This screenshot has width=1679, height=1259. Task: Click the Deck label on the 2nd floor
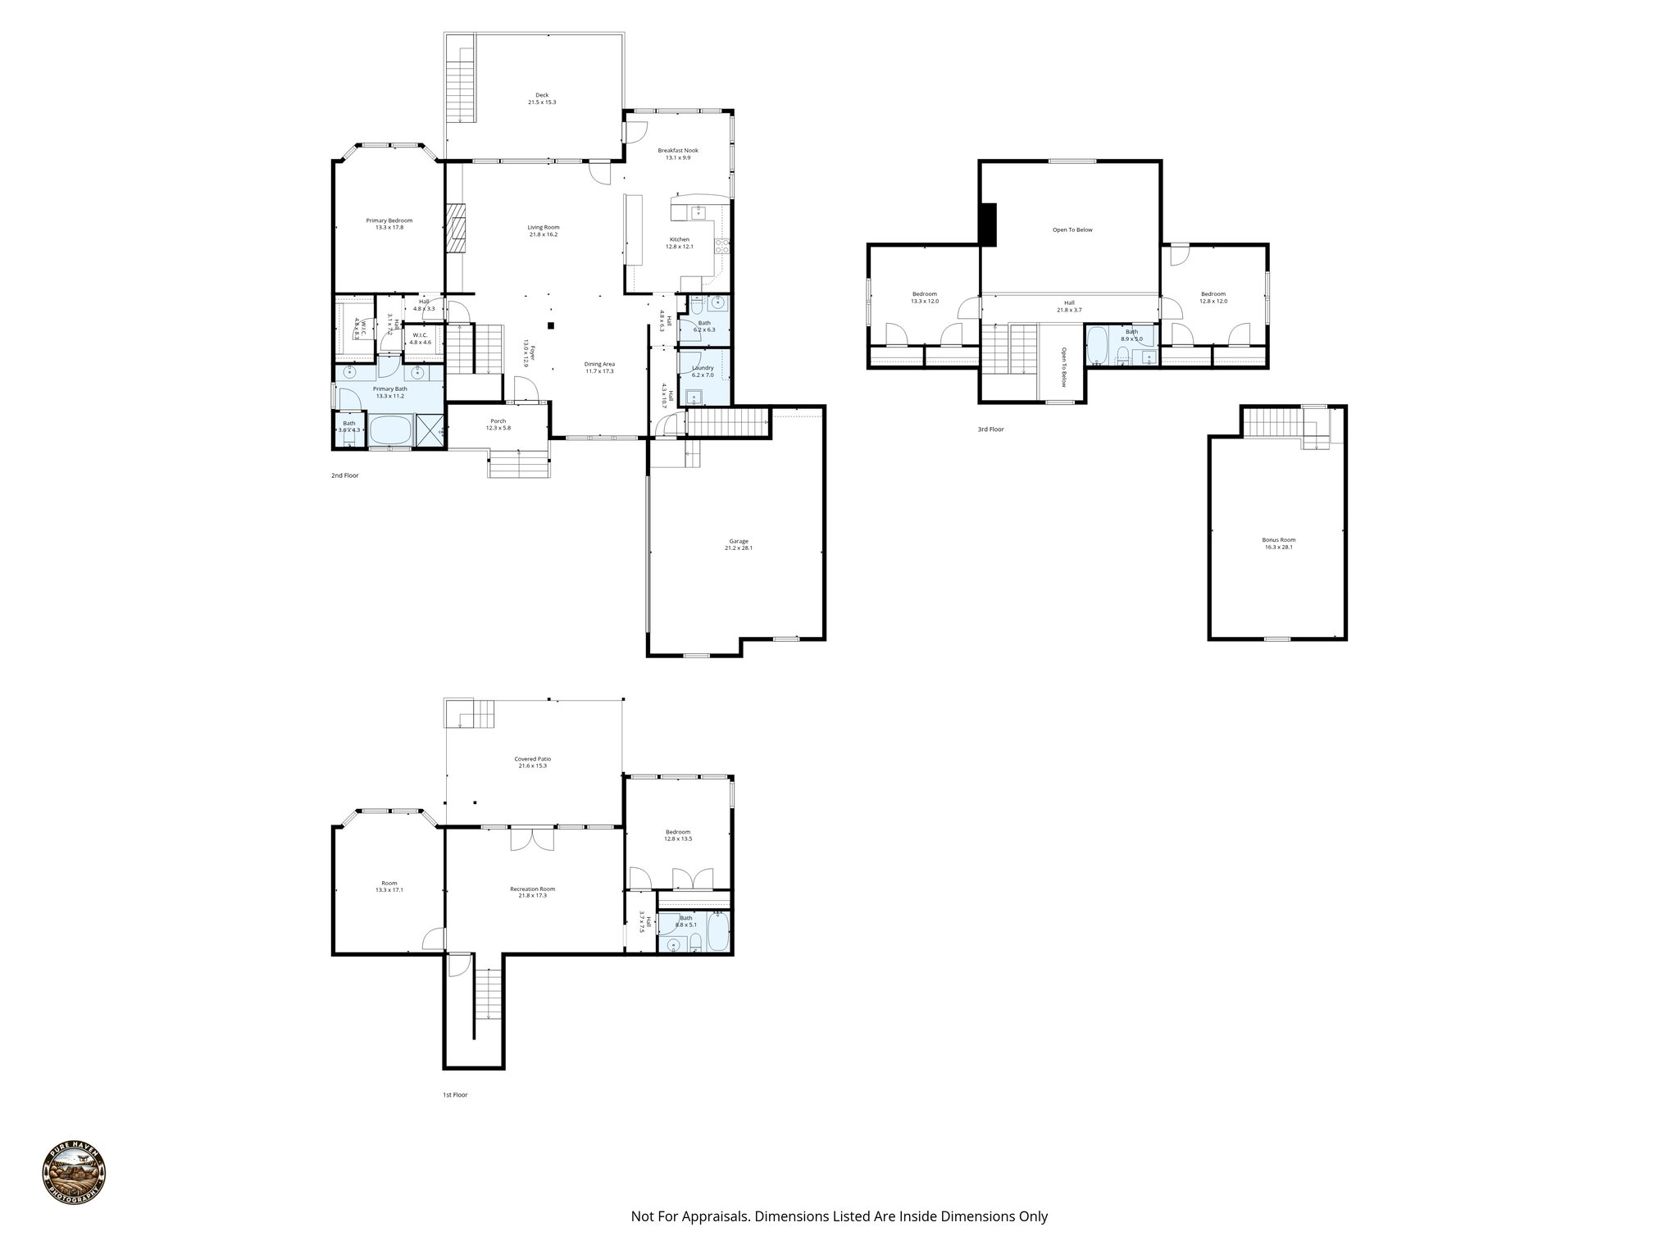click(x=542, y=95)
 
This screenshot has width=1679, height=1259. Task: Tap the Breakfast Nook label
click(x=678, y=151)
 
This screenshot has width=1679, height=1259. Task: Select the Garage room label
click(x=738, y=541)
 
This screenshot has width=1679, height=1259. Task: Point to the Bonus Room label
click(x=1278, y=539)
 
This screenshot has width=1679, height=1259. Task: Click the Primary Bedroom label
click(x=389, y=220)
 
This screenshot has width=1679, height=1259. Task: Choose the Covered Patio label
click(x=532, y=759)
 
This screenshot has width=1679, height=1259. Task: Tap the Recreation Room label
click(x=532, y=889)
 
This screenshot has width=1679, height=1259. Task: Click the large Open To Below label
click(x=1072, y=230)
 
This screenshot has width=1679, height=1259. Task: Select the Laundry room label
click(x=703, y=368)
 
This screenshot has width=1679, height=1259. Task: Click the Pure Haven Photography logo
click(x=74, y=1176)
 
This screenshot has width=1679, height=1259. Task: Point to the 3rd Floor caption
click(x=990, y=430)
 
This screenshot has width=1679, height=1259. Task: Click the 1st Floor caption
click(x=454, y=1094)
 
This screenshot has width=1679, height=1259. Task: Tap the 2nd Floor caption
click(x=344, y=475)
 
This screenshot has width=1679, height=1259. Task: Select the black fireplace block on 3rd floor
click(x=987, y=224)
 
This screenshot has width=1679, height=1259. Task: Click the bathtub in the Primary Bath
click(x=390, y=430)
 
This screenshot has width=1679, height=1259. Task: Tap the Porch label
click(x=498, y=421)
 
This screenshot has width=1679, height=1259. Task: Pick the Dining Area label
click(x=599, y=364)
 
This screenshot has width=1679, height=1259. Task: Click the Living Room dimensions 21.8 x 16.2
click(x=543, y=235)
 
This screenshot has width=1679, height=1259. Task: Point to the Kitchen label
click(x=679, y=239)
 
